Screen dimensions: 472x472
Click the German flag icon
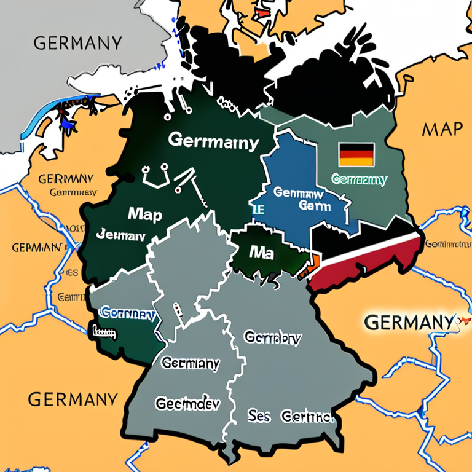pyautogui.click(x=356, y=154)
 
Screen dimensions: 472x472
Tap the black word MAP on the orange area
pyautogui.click(x=441, y=128)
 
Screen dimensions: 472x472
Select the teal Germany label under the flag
pyautogui.click(x=359, y=179)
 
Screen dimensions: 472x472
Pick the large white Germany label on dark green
pyautogui.click(x=213, y=141)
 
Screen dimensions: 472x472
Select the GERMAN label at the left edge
pyautogui.click(x=36, y=247)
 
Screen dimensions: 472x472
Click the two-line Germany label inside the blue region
pyautogui.click(x=302, y=199)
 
